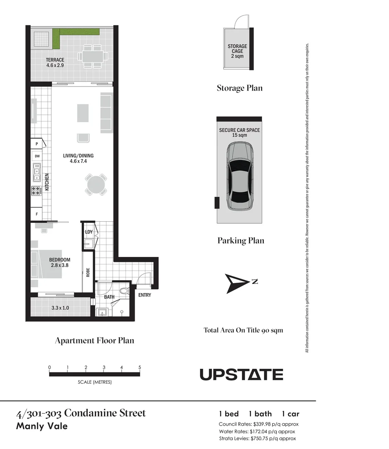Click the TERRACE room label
click(55, 60)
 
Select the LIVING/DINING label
click(78, 156)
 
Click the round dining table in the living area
click(96, 185)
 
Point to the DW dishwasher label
click(37, 156)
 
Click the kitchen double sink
click(37, 173)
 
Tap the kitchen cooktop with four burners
click(37, 191)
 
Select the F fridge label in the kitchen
click(37, 214)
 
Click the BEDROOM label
click(59, 260)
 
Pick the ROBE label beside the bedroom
click(88, 272)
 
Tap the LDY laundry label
click(89, 232)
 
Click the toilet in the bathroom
click(123, 291)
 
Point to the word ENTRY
click(145, 295)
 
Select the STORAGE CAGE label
click(237, 49)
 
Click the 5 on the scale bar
click(140, 368)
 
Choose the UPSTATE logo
click(241, 375)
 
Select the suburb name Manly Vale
click(42, 426)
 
